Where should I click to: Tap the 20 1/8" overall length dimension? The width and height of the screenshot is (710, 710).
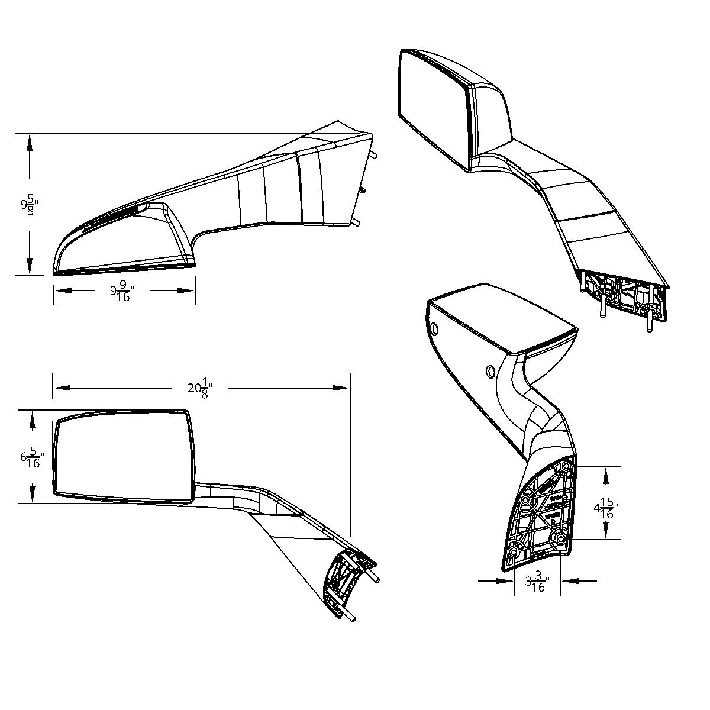(x=200, y=388)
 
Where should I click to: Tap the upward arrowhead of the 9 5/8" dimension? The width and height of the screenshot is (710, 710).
(x=28, y=143)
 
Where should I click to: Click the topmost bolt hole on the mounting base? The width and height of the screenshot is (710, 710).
(x=567, y=466)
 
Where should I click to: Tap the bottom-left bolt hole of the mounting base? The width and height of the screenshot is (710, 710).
(x=514, y=552)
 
